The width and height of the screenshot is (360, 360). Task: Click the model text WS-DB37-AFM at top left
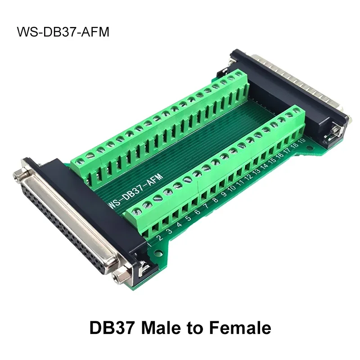(63, 33)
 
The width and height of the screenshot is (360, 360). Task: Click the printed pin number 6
(197, 212)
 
